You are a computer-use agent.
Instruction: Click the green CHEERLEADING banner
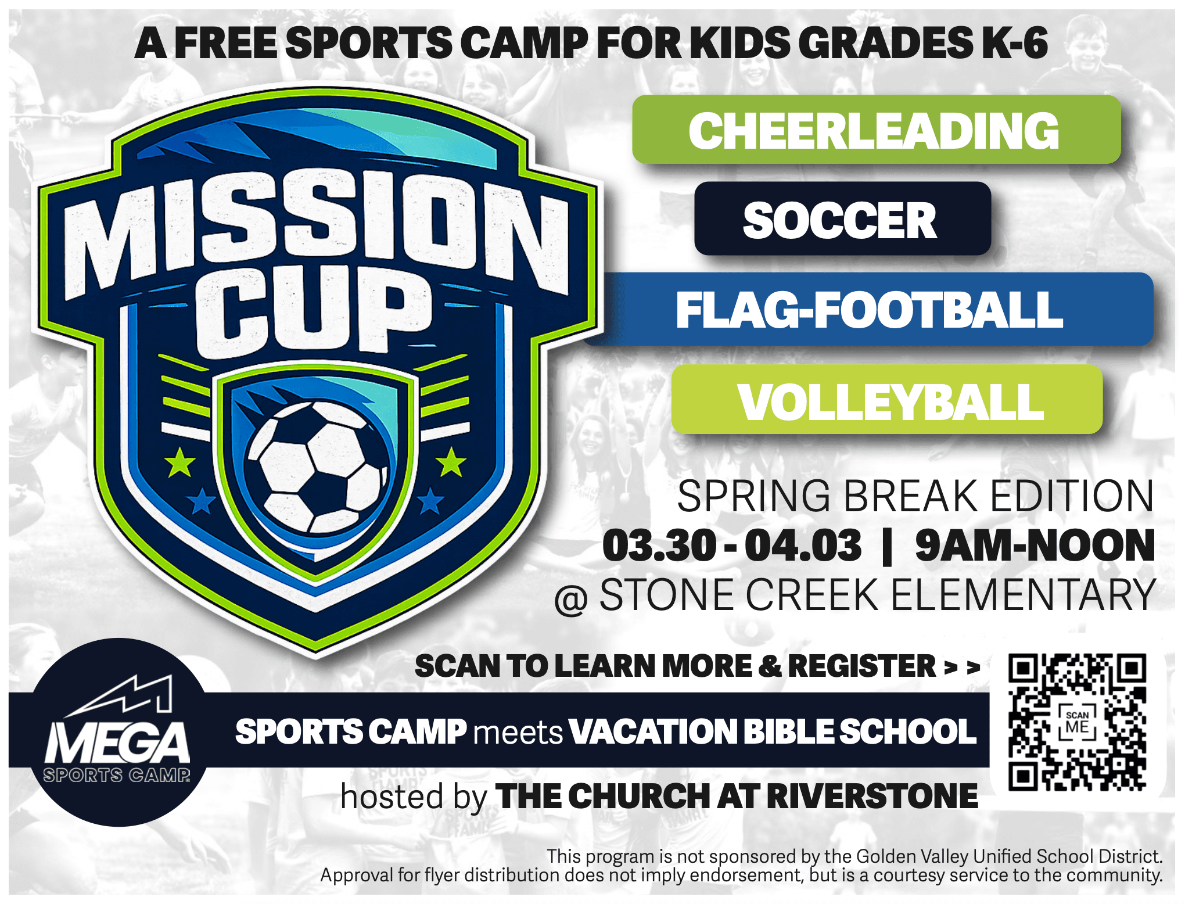click(876, 129)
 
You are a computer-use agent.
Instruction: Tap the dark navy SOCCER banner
click(842, 218)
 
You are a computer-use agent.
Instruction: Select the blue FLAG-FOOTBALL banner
click(868, 309)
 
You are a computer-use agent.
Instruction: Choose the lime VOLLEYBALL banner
click(887, 399)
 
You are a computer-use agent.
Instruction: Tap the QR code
click(1077, 722)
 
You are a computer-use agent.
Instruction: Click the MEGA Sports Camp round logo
click(119, 732)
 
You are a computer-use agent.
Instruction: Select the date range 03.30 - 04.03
click(732, 546)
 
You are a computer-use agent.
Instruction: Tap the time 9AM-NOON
click(1035, 546)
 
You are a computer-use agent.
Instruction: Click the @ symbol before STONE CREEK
click(571, 598)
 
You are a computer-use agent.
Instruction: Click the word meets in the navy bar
click(518, 732)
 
